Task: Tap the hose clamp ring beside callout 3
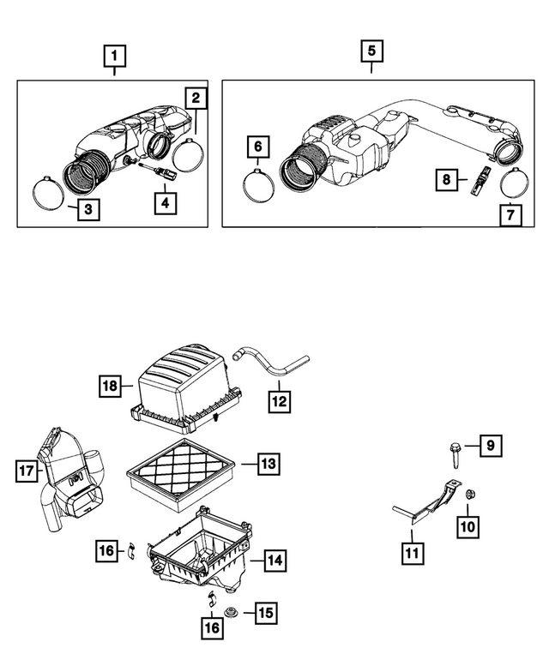point(51,189)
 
